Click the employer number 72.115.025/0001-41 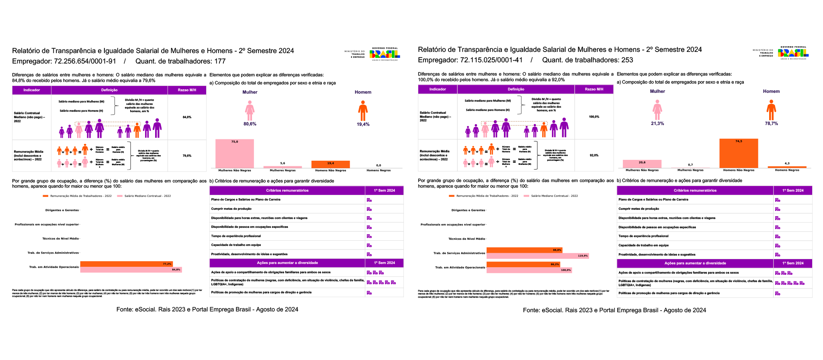491,60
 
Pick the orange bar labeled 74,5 739,154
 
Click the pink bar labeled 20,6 642,164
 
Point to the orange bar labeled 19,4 330,164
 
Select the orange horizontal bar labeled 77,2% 126,264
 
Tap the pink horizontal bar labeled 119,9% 537,256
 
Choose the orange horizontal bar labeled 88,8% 524,250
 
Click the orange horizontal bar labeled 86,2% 523,264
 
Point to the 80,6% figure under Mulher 250,124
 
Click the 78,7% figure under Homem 771,124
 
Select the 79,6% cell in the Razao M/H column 187,156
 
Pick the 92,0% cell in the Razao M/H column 594,155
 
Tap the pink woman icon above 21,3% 657,110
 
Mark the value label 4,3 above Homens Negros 787,164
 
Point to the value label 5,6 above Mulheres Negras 283,163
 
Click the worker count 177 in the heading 220,61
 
